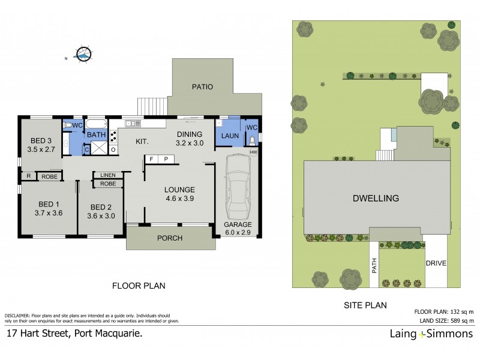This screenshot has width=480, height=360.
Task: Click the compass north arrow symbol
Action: (x=83, y=55)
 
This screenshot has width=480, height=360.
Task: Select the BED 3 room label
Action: (x=41, y=142)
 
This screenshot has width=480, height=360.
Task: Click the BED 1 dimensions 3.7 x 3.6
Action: (x=49, y=212)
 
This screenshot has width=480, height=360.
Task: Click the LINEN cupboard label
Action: (x=108, y=175)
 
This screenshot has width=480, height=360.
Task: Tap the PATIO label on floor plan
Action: (x=202, y=87)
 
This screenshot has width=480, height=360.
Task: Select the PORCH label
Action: (x=169, y=238)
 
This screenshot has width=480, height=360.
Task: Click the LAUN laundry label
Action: (x=230, y=136)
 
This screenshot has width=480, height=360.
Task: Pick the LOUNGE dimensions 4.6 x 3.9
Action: (x=179, y=198)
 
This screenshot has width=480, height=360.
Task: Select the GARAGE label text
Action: (x=239, y=224)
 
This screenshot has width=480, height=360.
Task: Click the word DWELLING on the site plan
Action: (x=376, y=198)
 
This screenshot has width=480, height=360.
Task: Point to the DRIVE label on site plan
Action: (x=436, y=263)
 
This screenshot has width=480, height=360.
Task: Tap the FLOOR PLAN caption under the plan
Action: (x=139, y=286)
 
